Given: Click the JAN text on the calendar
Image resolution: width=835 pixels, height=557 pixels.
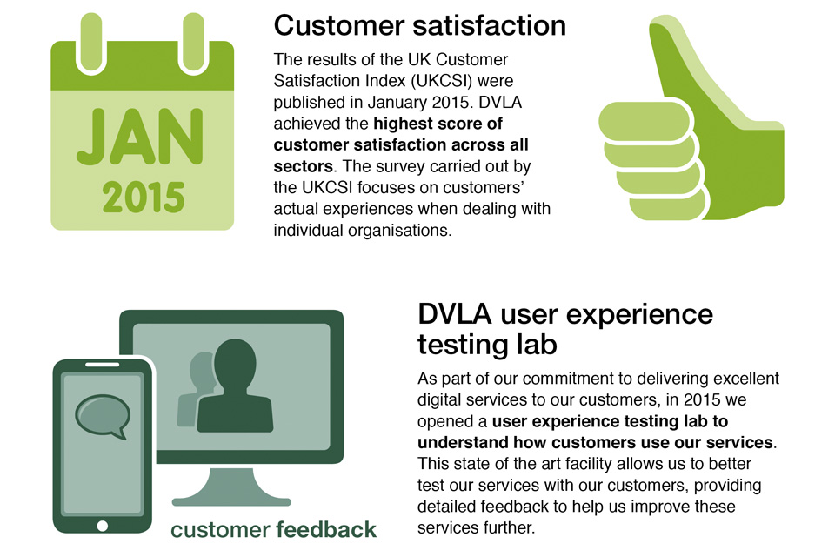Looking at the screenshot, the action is (x=139, y=137).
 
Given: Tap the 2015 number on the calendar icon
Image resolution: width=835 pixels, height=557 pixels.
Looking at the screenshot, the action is (x=144, y=198).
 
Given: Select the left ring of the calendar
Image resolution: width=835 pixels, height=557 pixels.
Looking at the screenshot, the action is (x=91, y=42).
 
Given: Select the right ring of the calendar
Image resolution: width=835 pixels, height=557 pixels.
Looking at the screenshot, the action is (x=193, y=42).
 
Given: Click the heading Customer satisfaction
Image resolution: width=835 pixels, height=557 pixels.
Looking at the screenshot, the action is (x=419, y=25).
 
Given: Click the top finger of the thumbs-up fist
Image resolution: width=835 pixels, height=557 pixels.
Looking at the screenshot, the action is (x=645, y=122).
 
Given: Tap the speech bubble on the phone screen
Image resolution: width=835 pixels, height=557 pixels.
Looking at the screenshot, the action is (x=103, y=416).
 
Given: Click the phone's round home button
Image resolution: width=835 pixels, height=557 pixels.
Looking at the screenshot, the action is (x=103, y=526).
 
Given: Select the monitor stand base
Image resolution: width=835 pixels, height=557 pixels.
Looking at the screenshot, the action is (x=231, y=501).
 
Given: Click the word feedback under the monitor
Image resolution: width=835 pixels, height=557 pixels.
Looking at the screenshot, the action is (x=326, y=529).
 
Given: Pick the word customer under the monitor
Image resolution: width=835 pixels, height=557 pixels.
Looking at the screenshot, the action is (x=220, y=530).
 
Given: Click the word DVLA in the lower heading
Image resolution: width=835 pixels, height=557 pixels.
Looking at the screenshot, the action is (x=454, y=314).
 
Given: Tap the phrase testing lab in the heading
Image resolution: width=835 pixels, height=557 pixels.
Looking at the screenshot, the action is (x=487, y=345).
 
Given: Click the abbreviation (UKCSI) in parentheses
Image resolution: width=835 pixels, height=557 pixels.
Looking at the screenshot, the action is (x=441, y=80).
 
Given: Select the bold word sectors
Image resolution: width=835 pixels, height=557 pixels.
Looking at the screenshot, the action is (x=303, y=166).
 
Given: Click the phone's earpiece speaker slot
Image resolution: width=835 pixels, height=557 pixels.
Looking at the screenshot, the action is (x=103, y=366).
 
